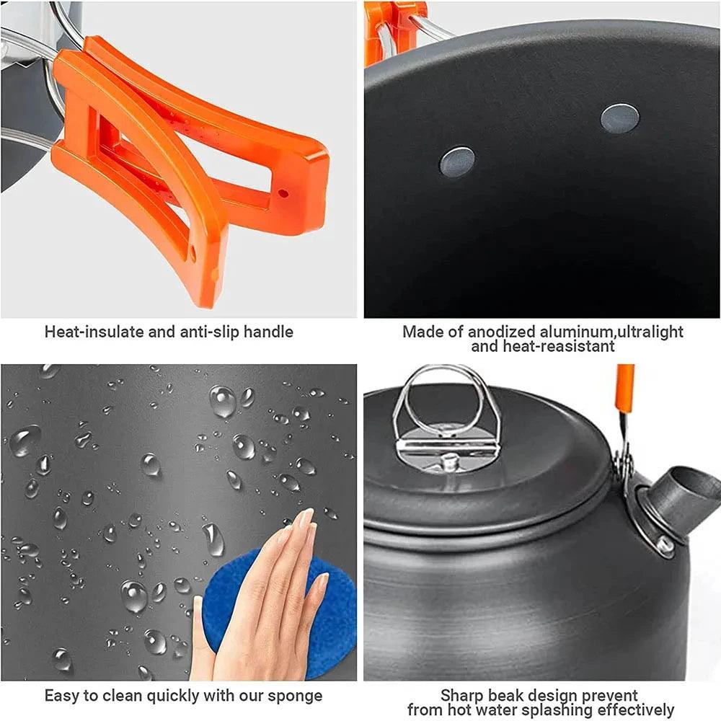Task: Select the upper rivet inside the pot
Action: pyautogui.click(x=619, y=118)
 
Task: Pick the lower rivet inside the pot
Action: pyautogui.click(x=457, y=162)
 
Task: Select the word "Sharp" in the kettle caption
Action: pyautogui.click(x=465, y=696)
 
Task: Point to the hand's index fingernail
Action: pyautogui.click(x=305, y=517)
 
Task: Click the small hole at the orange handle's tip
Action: pyautogui.click(x=283, y=193)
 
